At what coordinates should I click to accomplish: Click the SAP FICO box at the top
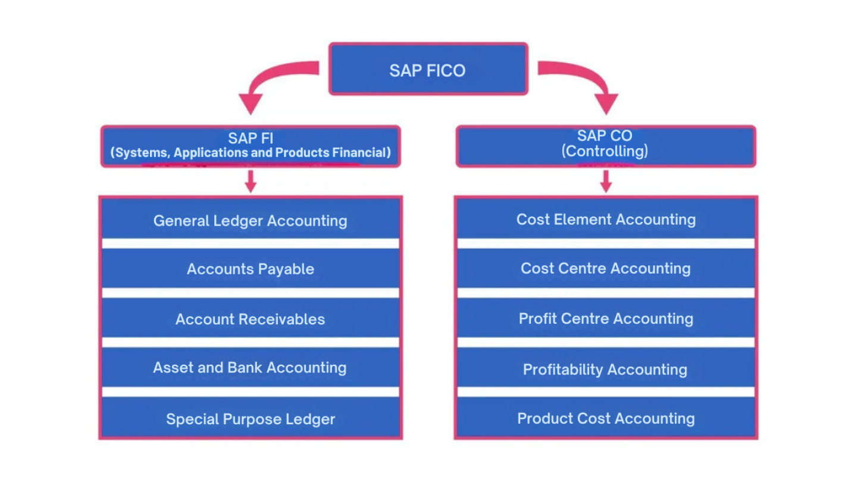(428, 69)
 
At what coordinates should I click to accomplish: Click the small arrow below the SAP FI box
(251, 181)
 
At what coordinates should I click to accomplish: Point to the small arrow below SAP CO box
(606, 181)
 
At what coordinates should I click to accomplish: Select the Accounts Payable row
(251, 268)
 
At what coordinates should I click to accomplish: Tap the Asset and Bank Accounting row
(251, 367)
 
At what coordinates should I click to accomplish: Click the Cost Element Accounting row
(606, 219)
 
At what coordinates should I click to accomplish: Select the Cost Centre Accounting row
(606, 268)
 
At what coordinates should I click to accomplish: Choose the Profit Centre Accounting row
(606, 318)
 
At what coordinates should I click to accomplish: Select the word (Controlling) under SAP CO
(605, 151)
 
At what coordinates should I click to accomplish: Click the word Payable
(286, 270)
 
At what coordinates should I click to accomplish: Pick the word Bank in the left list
(245, 368)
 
